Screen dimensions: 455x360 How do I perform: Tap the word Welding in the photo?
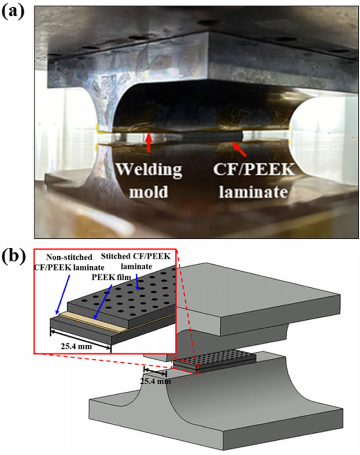pos(149,169)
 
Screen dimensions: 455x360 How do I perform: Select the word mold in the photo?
pos(149,192)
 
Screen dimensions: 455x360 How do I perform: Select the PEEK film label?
pos(111,277)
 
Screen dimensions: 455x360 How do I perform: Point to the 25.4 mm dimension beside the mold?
pos(155,381)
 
